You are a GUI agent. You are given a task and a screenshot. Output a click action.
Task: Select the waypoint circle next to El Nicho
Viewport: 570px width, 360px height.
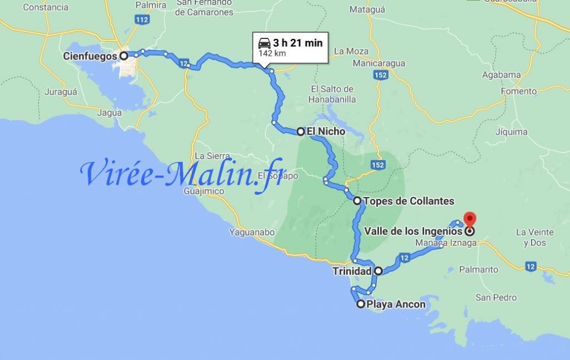[301, 132]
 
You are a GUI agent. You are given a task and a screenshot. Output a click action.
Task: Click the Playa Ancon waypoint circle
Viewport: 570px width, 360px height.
[361, 304]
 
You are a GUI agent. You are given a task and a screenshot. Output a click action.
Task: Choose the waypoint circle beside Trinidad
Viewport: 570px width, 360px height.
[379, 272]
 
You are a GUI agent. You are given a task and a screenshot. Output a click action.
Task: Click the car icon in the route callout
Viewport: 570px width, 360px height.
[264, 43]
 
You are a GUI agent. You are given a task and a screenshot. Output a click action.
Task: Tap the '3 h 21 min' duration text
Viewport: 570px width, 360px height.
[298, 43]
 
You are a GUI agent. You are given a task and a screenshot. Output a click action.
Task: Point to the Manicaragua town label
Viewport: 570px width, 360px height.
[379, 63]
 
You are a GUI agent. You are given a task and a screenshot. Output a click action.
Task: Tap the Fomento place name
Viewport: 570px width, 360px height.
[519, 91]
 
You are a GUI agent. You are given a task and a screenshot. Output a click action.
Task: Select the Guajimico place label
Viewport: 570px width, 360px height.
[203, 191]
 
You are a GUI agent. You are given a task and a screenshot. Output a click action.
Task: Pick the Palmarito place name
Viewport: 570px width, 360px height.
[479, 269]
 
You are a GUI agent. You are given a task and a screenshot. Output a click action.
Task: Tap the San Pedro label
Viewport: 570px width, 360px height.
[496, 298]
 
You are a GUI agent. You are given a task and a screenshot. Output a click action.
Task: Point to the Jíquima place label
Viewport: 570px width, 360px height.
[511, 132]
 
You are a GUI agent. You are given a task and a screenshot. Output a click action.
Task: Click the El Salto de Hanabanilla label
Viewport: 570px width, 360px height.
[332, 94]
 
